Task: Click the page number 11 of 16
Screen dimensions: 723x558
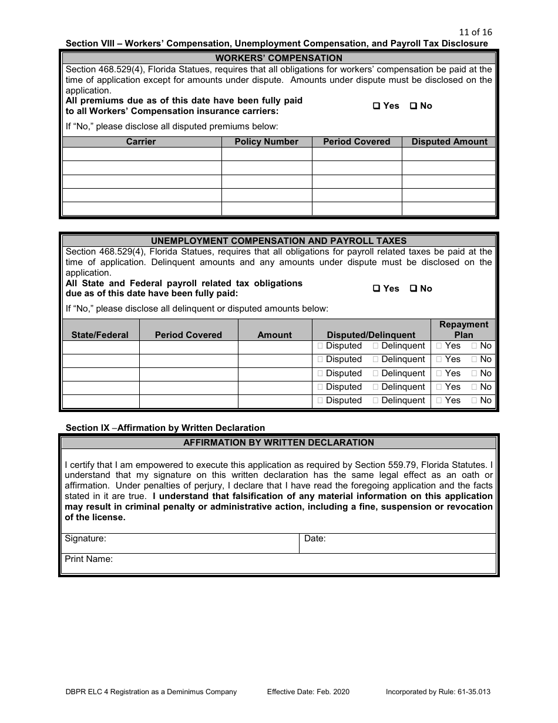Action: pos(475,32)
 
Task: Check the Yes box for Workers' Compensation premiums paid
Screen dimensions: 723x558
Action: pos(377,106)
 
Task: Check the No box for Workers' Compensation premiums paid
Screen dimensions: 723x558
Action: pos(413,106)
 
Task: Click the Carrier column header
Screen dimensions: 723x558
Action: pos(141,142)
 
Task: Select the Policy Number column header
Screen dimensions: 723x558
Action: pos(266,142)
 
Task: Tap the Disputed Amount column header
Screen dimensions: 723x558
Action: pos(449,142)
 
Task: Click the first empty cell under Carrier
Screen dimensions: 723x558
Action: pos(142,154)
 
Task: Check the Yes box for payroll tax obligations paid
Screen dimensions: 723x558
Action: pos(377,289)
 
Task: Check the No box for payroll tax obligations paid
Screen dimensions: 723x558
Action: pos(413,289)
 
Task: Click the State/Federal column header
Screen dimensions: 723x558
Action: pos(100,335)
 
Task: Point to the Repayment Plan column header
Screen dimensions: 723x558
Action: pos(463,330)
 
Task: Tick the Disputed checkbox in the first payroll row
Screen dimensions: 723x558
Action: pos(320,346)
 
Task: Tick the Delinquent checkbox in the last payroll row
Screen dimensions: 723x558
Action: pos(375,401)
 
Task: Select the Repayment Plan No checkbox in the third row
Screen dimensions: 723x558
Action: pos(474,374)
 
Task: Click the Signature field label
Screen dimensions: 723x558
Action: pos(85,538)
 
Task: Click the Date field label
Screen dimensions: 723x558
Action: pos(315,538)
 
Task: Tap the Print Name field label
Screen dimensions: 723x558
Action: pos(89,560)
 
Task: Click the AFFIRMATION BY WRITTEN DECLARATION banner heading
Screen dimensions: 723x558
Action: pos(278,443)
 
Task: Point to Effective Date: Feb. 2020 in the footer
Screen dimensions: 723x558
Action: pos(308,692)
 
